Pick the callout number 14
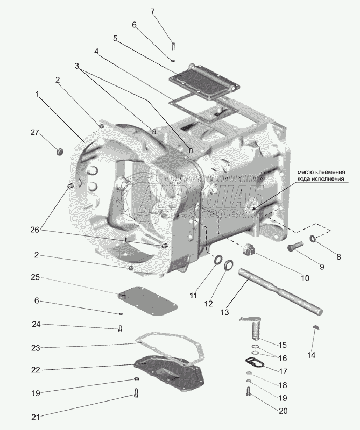[312, 355]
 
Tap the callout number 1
[38, 94]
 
